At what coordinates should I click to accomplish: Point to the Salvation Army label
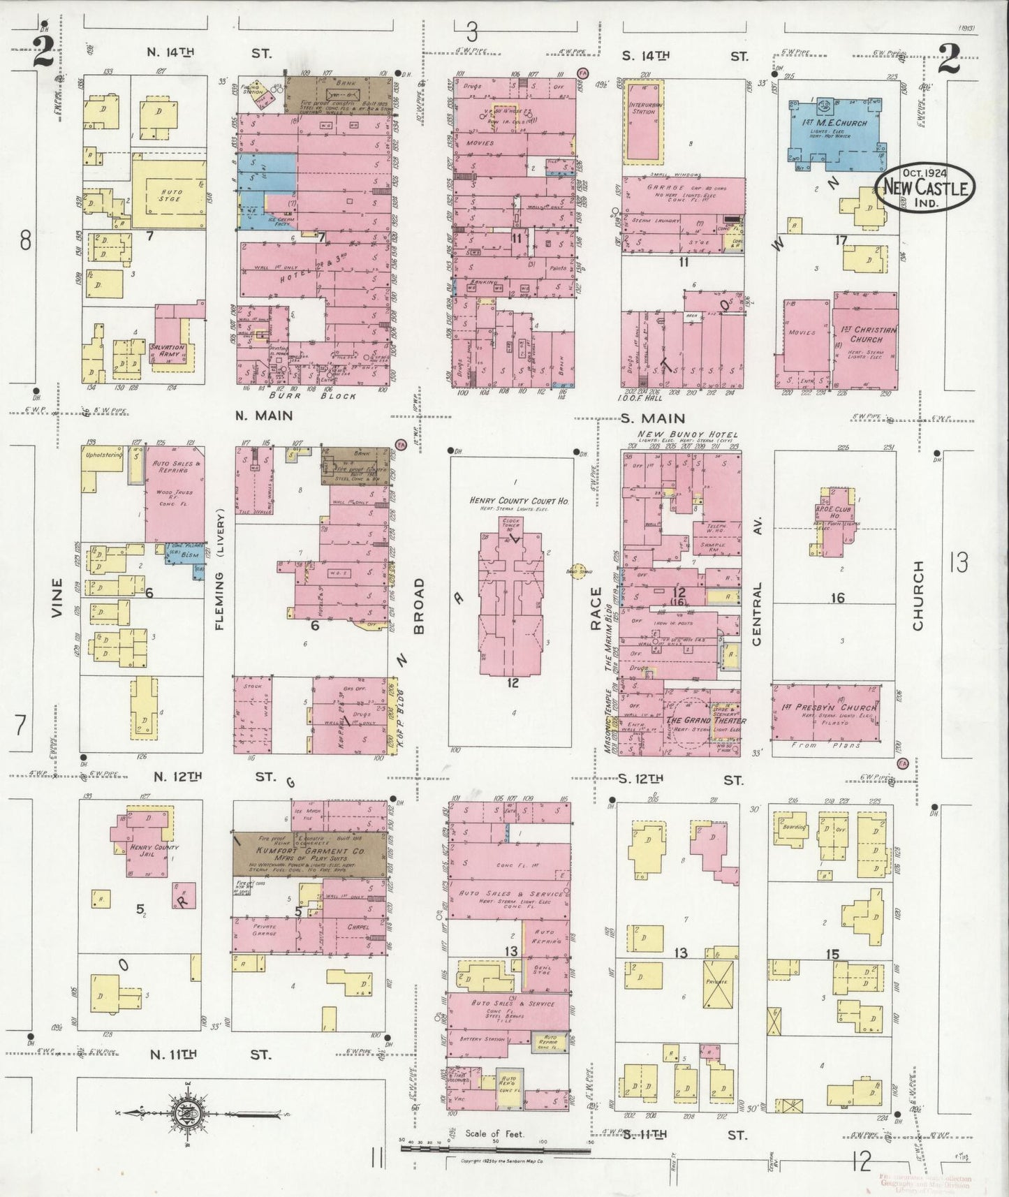[168, 351]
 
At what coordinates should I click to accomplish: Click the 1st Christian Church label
[866, 335]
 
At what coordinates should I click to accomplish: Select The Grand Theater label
[705, 720]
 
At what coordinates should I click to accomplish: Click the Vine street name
[58, 598]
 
